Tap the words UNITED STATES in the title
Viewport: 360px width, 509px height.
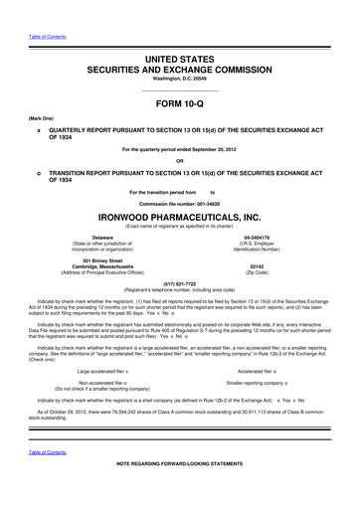click(x=179, y=35)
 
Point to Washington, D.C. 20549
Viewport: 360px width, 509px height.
click(x=179, y=57)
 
